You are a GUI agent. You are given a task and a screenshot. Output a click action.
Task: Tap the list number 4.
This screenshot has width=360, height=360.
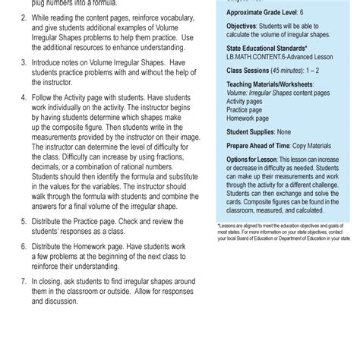pyautogui.click(x=24, y=98)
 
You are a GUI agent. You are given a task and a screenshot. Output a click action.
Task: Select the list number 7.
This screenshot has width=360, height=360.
pyautogui.click(x=24, y=280)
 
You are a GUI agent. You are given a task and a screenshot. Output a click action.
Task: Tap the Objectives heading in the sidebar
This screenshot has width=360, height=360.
pyautogui.click(x=251, y=26)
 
